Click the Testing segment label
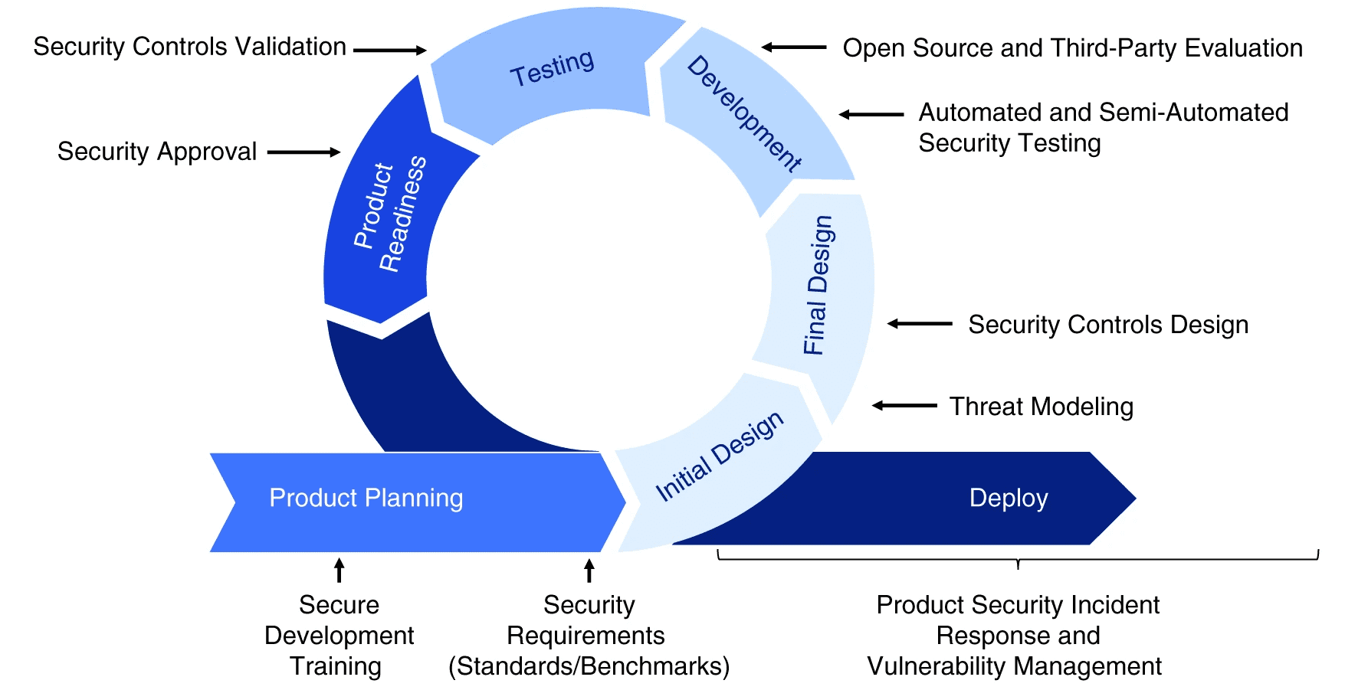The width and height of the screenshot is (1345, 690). pos(553,67)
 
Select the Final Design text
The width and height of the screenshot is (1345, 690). pos(818,285)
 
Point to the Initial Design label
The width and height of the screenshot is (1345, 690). pos(720,456)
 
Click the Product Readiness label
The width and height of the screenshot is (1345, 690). pos(390,212)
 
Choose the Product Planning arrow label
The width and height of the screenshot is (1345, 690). pos(366,498)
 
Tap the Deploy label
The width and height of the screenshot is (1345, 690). pos(1009,498)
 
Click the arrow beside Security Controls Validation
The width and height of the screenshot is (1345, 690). pos(389,51)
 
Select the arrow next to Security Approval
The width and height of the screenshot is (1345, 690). pos(303,152)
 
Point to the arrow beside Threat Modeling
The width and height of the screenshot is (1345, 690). pos(904,405)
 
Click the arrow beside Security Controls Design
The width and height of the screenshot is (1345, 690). pos(920,324)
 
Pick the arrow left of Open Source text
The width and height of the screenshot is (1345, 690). pos(794,47)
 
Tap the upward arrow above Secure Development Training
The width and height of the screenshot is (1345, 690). pos(339,571)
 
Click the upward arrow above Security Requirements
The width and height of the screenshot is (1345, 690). pos(589,571)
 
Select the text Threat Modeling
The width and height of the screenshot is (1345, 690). pos(1042,407)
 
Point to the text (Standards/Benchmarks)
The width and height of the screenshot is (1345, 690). pos(589,666)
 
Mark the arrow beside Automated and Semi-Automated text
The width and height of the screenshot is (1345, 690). pos(871,115)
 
